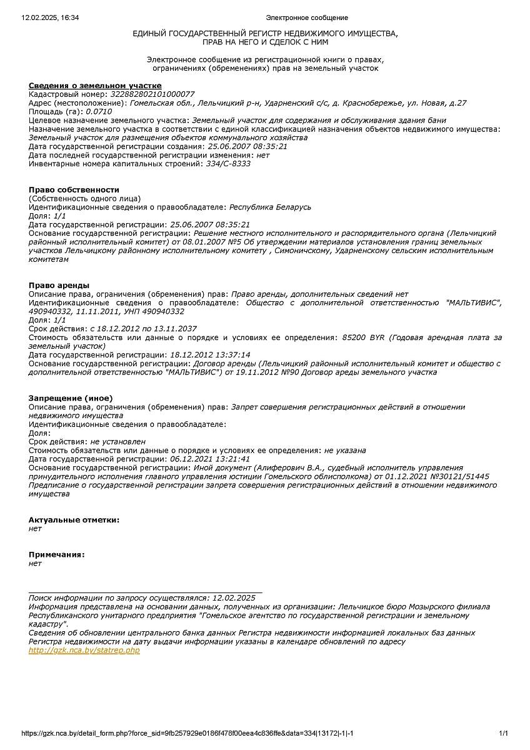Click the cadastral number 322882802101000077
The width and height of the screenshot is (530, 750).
tap(152, 94)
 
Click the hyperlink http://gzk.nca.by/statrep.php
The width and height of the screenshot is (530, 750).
tap(84, 650)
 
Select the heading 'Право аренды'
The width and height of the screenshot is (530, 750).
tap(59, 285)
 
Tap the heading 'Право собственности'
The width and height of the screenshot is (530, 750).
tap(74, 189)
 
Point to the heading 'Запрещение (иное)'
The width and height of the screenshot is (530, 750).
tap(71, 397)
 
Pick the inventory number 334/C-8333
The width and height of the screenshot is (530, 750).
tap(228, 164)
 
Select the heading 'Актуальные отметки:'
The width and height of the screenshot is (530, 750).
tap(74, 519)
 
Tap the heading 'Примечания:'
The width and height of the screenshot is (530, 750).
tap(56, 554)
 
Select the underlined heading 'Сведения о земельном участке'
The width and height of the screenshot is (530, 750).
tap(95, 85)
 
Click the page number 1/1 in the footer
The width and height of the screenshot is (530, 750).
tap(503, 733)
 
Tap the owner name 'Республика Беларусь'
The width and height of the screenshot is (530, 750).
tap(270, 207)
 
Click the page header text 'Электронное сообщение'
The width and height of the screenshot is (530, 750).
tap(307, 17)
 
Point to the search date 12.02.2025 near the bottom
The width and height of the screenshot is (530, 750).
tap(234, 597)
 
